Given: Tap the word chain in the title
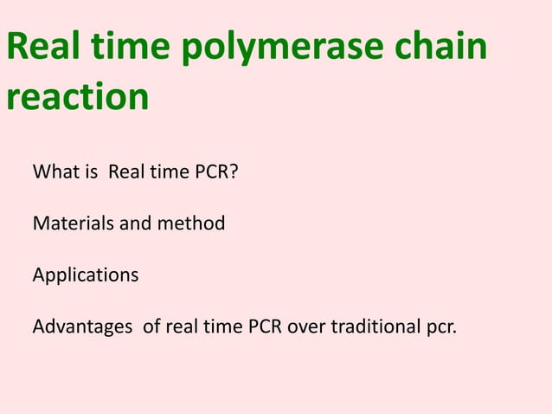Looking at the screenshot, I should click(442, 50).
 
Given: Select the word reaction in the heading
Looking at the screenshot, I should click(77, 96).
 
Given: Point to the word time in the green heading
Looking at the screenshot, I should click(132, 50).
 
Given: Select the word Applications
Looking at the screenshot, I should click(85, 275).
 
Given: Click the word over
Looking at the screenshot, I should click(307, 328).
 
